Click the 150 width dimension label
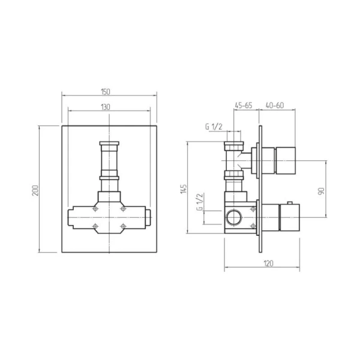[x=106, y=92]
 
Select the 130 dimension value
[x=106, y=107]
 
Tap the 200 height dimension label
[x=35, y=190]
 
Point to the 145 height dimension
[x=184, y=189]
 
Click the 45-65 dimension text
[x=244, y=106]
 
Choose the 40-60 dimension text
[x=275, y=106]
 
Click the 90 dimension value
[x=322, y=191]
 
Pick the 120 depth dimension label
[x=268, y=263]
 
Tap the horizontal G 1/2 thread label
[x=214, y=127]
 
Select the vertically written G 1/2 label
[x=200, y=202]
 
